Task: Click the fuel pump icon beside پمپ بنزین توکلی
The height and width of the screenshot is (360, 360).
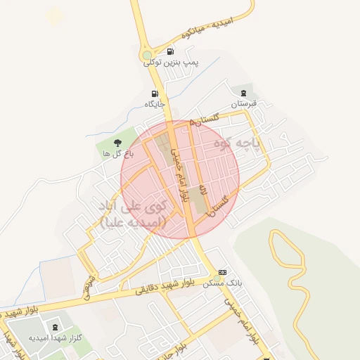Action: (x=170, y=51)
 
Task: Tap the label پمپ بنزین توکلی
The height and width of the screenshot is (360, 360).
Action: (x=172, y=63)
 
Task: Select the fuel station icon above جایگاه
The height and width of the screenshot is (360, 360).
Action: (x=155, y=94)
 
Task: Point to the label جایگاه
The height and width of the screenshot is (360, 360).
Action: (x=155, y=104)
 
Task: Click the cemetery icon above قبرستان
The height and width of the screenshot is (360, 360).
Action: (x=243, y=93)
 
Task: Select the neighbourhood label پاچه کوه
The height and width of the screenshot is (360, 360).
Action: (x=257, y=145)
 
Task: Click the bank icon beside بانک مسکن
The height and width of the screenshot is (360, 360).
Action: (x=223, y=272)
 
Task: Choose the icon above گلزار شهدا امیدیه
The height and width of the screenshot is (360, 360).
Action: (x=56, y=327)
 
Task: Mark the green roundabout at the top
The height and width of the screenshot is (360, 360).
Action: (x=147, y=55)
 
